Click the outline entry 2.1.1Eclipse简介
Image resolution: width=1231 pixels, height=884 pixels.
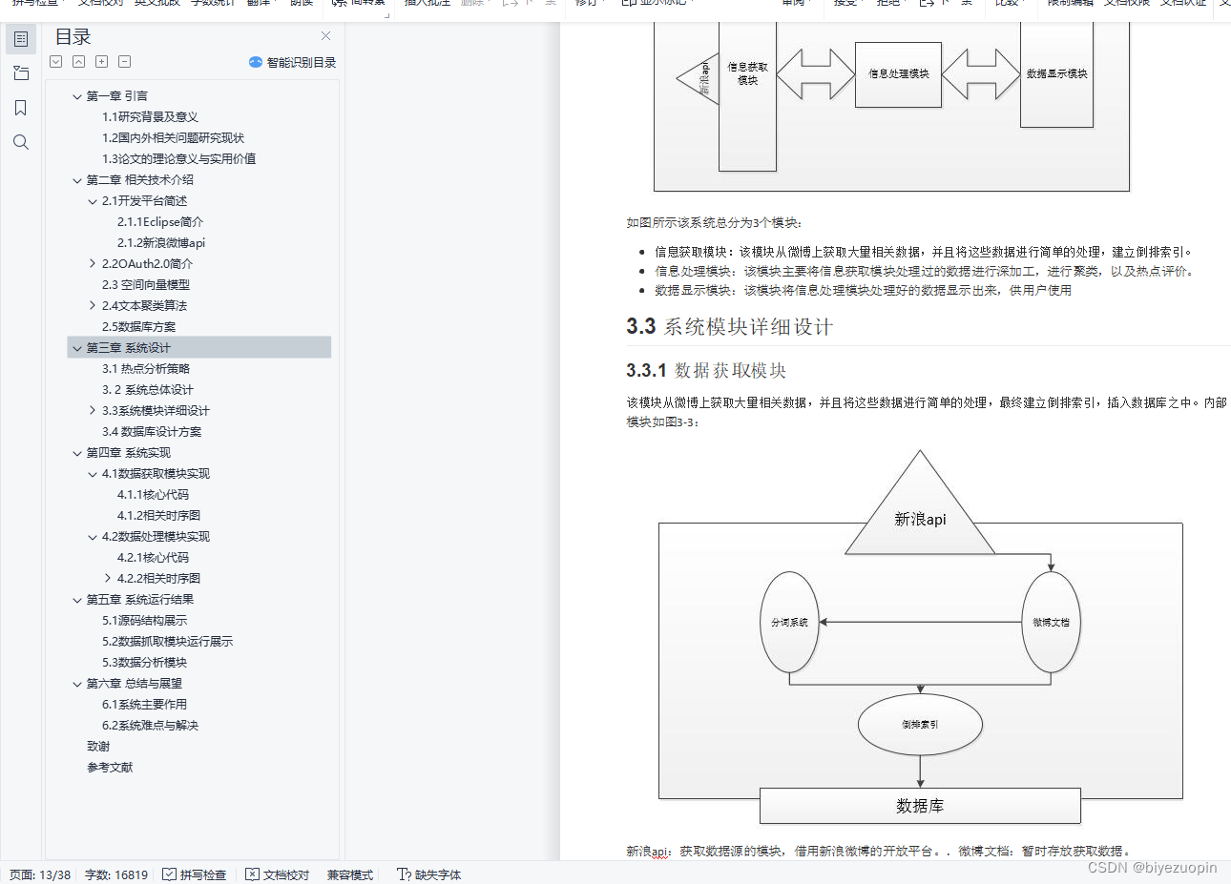click(159, 222)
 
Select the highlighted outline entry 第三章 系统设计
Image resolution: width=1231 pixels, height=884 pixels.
click(128, 348)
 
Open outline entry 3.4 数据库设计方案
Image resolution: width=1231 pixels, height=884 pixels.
click(151, 432)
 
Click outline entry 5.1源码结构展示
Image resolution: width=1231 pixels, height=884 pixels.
click(144, 621)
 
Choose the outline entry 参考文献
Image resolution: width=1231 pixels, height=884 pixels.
click(110, 768)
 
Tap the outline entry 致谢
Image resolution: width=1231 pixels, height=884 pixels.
click(98, 747)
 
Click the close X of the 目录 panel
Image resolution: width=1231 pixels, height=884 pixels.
click(325, 36)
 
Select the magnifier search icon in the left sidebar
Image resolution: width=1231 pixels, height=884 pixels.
click(21, 143)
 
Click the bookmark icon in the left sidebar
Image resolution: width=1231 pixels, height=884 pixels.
click(21, 108)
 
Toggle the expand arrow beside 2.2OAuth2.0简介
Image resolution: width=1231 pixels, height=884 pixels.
click(93, 264)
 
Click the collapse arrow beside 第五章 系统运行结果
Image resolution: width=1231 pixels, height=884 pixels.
click(77, 600)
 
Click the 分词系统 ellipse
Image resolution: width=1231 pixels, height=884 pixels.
click(789, 623)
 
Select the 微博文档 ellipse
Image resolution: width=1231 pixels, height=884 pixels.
click(1051, 623)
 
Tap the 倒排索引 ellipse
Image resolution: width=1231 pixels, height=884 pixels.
click(920, 725)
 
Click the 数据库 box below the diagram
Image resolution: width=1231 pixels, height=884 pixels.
click(920, 806)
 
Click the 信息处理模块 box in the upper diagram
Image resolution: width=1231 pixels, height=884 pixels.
click(898, 74)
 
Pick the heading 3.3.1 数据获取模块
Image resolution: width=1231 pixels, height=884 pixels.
click(706, 370)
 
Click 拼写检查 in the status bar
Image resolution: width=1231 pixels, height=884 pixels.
click(195, 874)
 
